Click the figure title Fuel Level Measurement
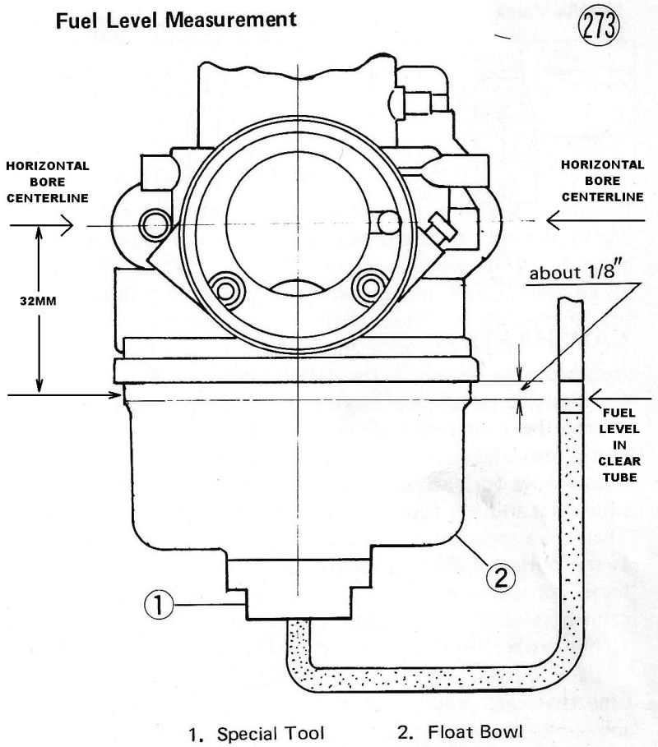click(176, 20)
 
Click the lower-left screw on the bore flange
click(223, 288)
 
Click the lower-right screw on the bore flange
click(367, 288)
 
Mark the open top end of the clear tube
click(571, 302)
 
